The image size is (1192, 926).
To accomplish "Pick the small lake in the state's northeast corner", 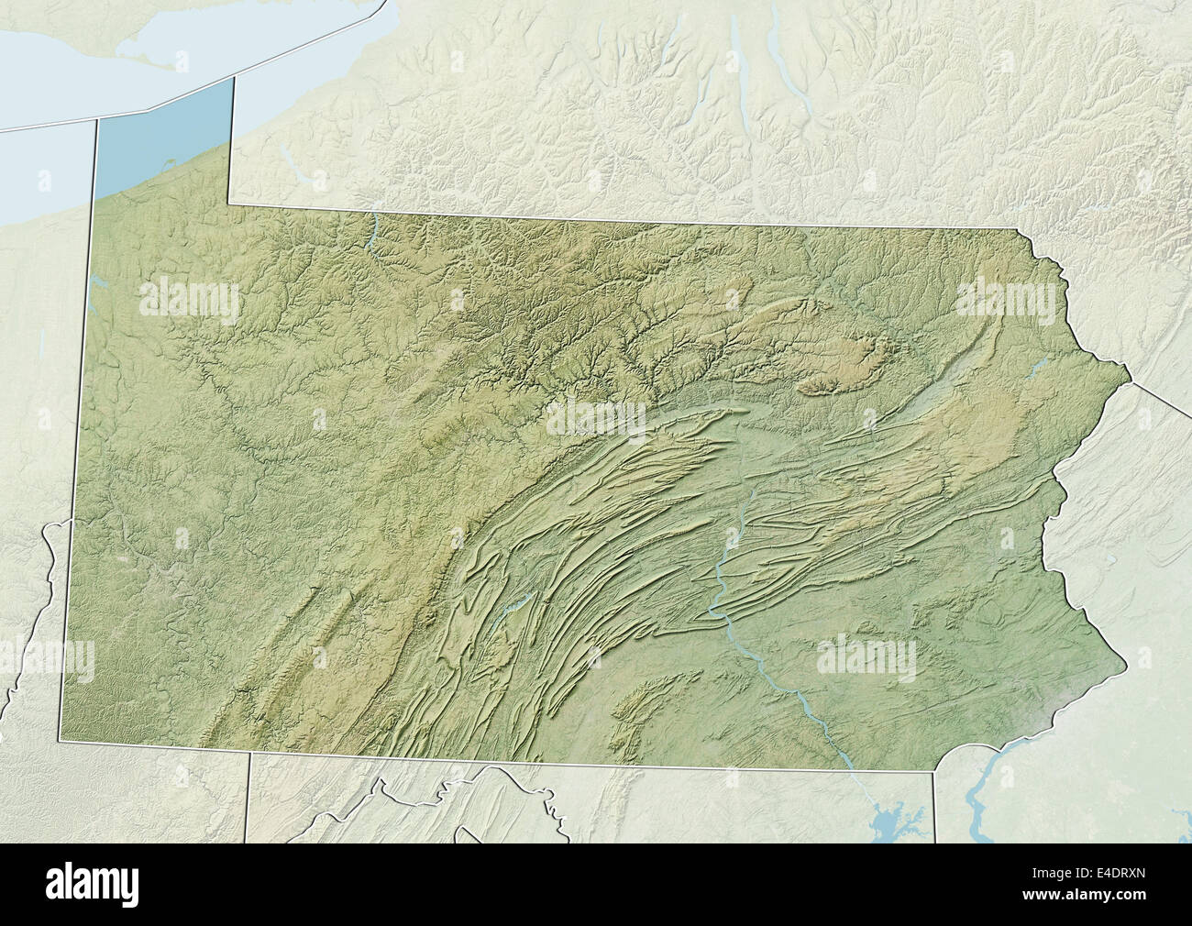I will [1039, 368].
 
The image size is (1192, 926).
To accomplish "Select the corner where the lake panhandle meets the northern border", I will [230, 204].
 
